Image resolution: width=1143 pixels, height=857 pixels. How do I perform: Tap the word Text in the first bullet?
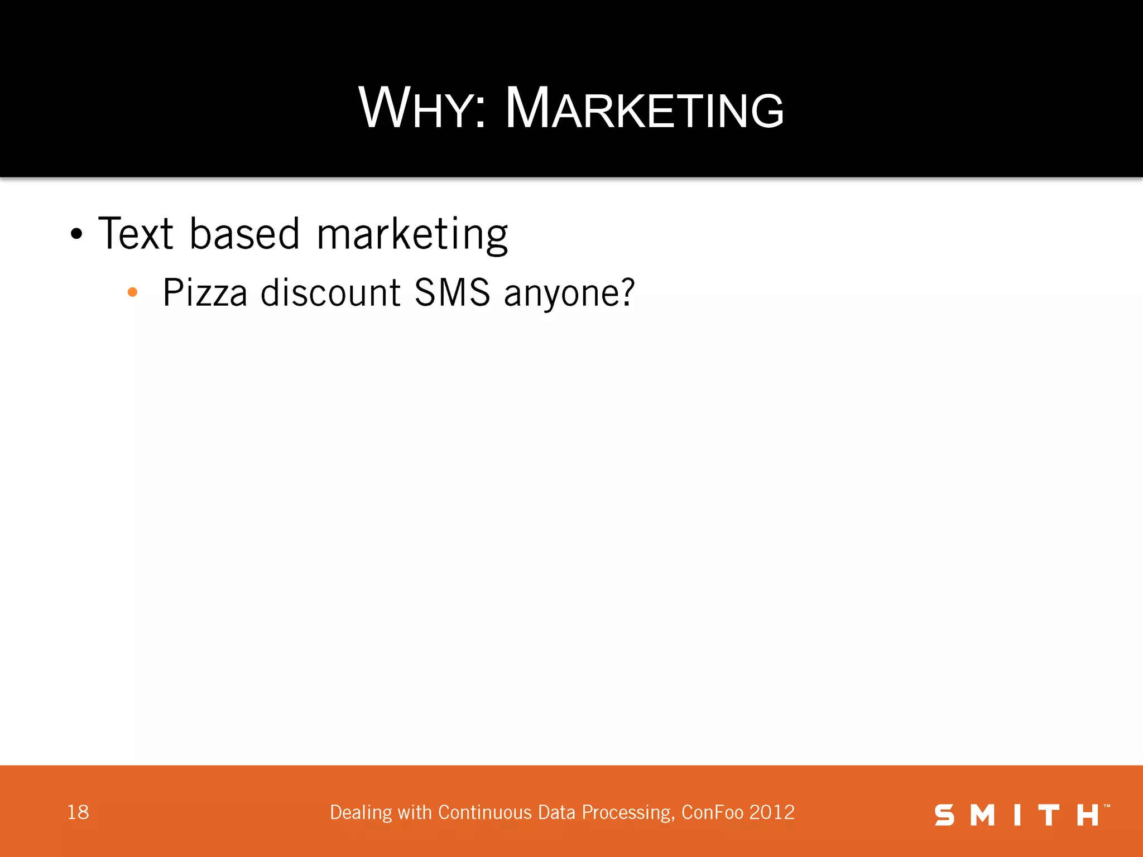point(136,234)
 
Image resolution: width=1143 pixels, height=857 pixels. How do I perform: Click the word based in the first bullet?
point(245,234)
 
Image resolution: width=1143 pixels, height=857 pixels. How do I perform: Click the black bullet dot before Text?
point(76,234)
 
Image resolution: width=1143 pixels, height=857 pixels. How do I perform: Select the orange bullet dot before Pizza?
point(132,292)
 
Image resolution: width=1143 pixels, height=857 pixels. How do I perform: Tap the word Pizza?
point(205,293)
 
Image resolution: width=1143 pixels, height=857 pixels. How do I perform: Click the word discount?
point(330,293)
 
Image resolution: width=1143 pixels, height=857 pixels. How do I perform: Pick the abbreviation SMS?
point(452,293)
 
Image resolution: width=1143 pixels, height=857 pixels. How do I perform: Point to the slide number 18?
point(78,812)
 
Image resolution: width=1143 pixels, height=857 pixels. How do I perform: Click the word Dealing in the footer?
point(361,813)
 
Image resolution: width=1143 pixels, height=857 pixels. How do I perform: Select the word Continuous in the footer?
point(485,812)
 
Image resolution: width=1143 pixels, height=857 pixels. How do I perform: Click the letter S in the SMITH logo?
point(944,815)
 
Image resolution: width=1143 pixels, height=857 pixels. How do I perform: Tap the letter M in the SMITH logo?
point(982,815)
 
